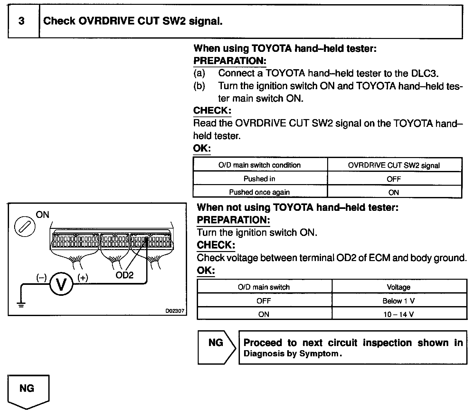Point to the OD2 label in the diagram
[x=124, y=275]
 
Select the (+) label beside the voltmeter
[x=82, y=277]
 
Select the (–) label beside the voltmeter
[x=41, y=277]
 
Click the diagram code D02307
[x=175, y=311]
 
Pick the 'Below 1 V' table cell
[x=399, y=301]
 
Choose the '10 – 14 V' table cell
[x=399, y=314]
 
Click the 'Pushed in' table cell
[x=260, y=179]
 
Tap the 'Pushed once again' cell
[x=260, y=192]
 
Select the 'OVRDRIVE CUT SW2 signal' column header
[x=394, y=165]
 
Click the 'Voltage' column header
[x=399, y=287]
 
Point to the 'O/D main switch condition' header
[x=260, y=165]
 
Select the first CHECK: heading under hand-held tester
[x=212, y=111]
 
